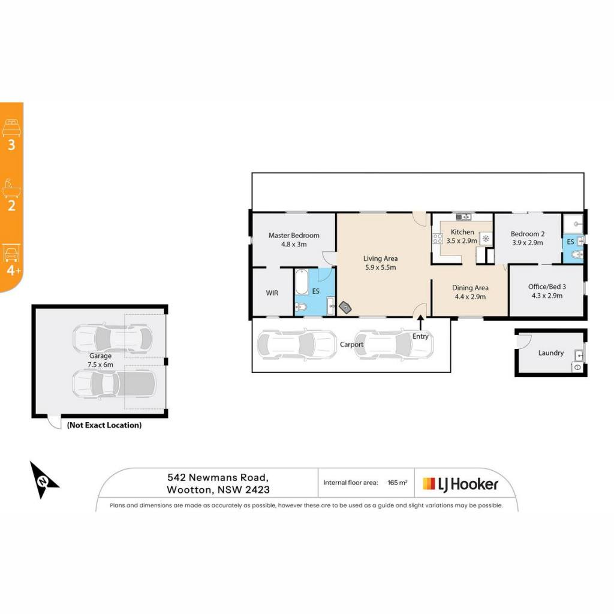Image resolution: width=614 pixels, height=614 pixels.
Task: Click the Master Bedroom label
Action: coord(294,235)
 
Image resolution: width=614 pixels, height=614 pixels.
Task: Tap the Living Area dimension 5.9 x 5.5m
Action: coord(380,267)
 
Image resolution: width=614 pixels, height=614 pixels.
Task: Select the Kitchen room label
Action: coord(462,232)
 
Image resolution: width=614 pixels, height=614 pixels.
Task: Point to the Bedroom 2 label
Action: coord(528,234)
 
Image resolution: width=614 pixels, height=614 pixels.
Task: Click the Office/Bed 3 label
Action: coord(547,287)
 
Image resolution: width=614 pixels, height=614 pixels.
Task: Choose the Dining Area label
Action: coord(470,288)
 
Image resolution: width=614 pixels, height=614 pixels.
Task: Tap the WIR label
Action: coord(272,293)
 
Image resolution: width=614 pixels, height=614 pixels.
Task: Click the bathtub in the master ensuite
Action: coord(302,282)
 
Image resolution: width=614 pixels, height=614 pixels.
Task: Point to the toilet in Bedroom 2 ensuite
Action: coord(577,255)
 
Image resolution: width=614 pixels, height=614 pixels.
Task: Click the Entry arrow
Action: coord(420,323)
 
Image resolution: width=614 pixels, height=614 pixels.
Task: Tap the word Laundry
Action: coord(550,353)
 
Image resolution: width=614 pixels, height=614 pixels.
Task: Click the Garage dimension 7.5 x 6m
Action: coord(100,365)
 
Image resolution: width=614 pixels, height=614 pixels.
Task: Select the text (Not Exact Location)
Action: coord(104,425)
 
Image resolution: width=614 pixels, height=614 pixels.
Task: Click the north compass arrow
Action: coord(43,480)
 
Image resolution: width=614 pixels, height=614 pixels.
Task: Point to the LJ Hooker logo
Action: coord(460,484)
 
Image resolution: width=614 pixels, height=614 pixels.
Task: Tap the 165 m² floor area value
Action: coord(397,483)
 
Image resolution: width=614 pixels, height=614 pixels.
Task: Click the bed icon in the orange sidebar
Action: coord(11,128)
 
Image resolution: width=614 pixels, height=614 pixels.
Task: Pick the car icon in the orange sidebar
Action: coord(11,253)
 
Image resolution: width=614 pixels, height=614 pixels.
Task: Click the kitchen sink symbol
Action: coord(463,216)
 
